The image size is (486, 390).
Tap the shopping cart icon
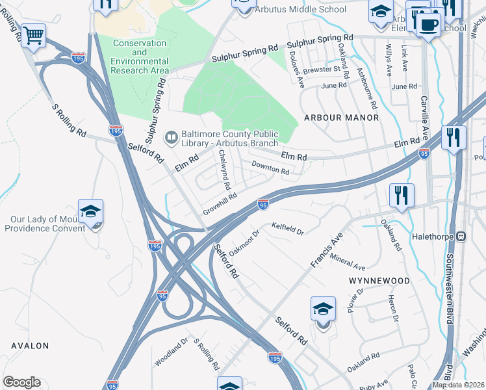tap(33, 35)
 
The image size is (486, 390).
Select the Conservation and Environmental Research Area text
tap(141, 57)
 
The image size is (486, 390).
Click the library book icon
tap(171, 136)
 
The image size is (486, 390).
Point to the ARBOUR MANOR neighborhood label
tap(341, 118)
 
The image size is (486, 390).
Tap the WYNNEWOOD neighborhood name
tap(379, 281)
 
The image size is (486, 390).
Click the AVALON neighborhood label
tap(29, 346)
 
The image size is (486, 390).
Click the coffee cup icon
tap(427, 25)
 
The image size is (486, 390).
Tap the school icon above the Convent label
tap(90, 211)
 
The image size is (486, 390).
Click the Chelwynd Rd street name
tap(225, 169)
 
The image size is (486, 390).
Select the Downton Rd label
tap(270, 168)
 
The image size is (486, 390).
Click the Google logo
tap(21, 382)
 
